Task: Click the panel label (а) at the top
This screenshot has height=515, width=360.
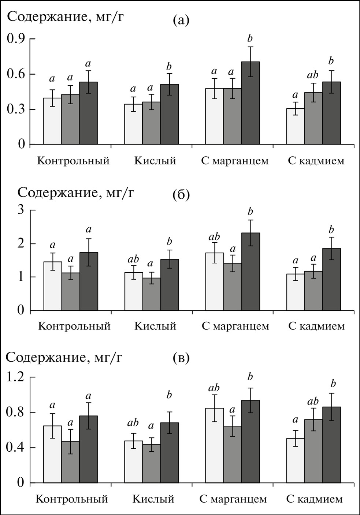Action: (181, 20)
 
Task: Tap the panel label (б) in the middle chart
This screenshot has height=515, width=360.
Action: (181, 195)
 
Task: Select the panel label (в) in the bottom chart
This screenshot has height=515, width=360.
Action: (181, 358)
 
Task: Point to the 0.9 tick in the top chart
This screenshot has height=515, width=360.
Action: (17, 39)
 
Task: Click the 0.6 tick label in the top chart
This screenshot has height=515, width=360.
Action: (17, 74)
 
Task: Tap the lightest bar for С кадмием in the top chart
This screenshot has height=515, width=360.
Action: (295, 126)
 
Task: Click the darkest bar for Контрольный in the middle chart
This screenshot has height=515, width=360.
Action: (89, 281)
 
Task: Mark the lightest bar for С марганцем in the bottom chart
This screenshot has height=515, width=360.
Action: (214, 445)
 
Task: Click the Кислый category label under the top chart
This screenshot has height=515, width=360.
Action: (155, 161)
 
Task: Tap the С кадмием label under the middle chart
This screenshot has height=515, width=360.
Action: (316, 326)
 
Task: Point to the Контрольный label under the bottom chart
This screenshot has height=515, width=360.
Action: (72, 499)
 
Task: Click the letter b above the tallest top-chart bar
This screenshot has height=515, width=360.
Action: (250, 38)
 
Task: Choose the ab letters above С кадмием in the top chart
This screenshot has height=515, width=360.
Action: (313, 75)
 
